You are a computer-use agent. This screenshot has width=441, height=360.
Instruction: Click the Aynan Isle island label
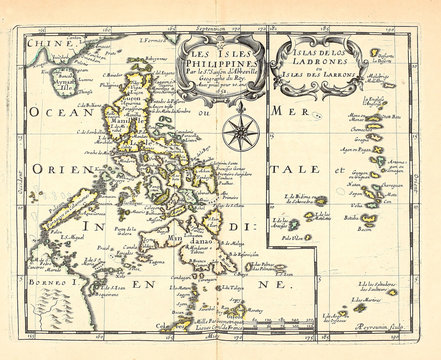click(x=60, y=88)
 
